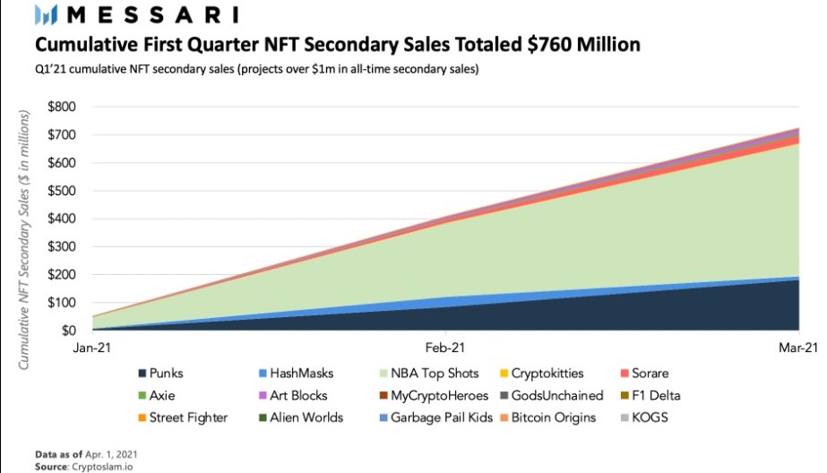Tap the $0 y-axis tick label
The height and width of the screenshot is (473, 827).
point(67,331)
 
